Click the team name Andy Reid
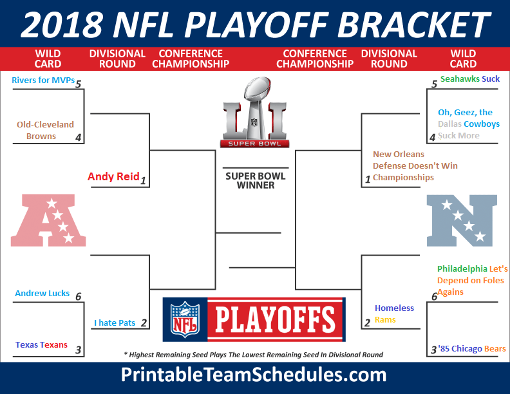[x=113, y=176]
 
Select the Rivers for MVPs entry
[x=43, y=80]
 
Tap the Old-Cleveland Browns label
[x=45, y=130]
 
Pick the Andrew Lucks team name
[x=42, y=293]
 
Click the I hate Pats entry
[x=115, y=323]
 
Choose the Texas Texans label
[x=41, y=344]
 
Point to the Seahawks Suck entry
[x=470, y=79]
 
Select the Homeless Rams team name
[x=394, y=314]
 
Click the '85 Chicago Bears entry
[x=471, y=349]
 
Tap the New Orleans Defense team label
[x=415, y=166]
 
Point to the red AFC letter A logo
[x=48, y=220]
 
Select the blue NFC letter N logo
[x=462, y=220]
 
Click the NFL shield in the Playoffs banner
[x=185, y=319]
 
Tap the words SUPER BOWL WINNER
[x=256, y=180]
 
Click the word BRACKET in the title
[x=413, y=24]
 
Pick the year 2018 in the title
[x=62, y=24]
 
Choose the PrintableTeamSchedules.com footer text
[x=254, y=375]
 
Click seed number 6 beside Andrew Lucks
[x=79, y=297]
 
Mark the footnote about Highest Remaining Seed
[x=253, y=355]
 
